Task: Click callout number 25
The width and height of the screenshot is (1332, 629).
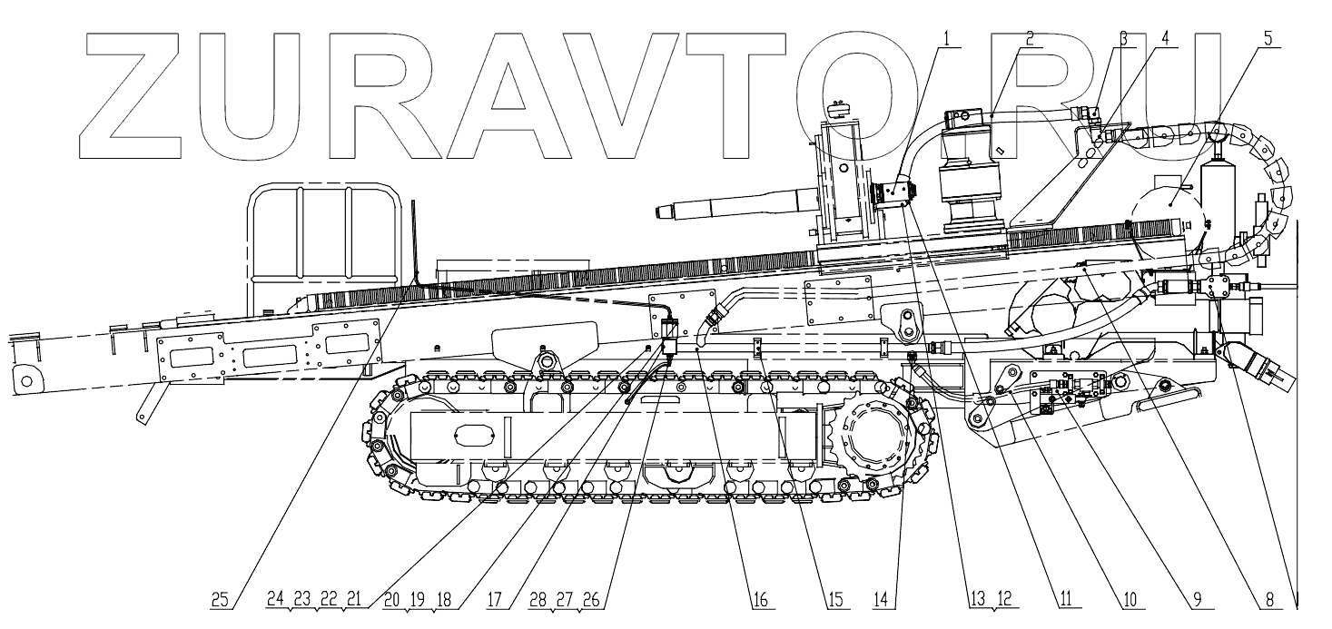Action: (220, 599)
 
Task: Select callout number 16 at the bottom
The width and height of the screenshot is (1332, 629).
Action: (761, 599)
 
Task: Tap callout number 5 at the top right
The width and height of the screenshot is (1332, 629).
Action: (1268, 39)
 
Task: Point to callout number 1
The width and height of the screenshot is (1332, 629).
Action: (947, 38)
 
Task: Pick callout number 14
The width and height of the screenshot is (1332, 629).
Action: (881, 599)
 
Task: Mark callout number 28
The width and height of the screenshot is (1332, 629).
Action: (538, 599)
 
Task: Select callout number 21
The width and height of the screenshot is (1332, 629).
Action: (354, 599)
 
